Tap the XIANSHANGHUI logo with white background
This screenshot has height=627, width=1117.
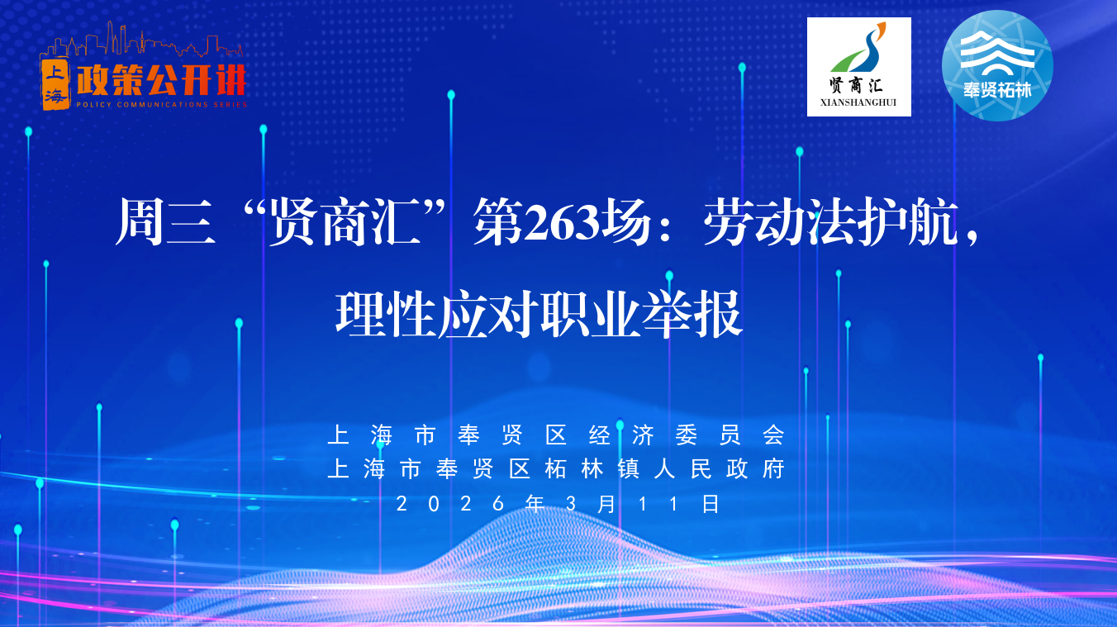[x=858, y=67]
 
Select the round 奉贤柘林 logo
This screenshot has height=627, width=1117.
[x=997, y=65]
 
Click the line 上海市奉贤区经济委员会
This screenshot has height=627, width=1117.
[x=555, y=435]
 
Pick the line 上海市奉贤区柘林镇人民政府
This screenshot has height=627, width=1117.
[x=555, y=469]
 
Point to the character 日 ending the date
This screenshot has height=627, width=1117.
[x=711, y=503]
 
